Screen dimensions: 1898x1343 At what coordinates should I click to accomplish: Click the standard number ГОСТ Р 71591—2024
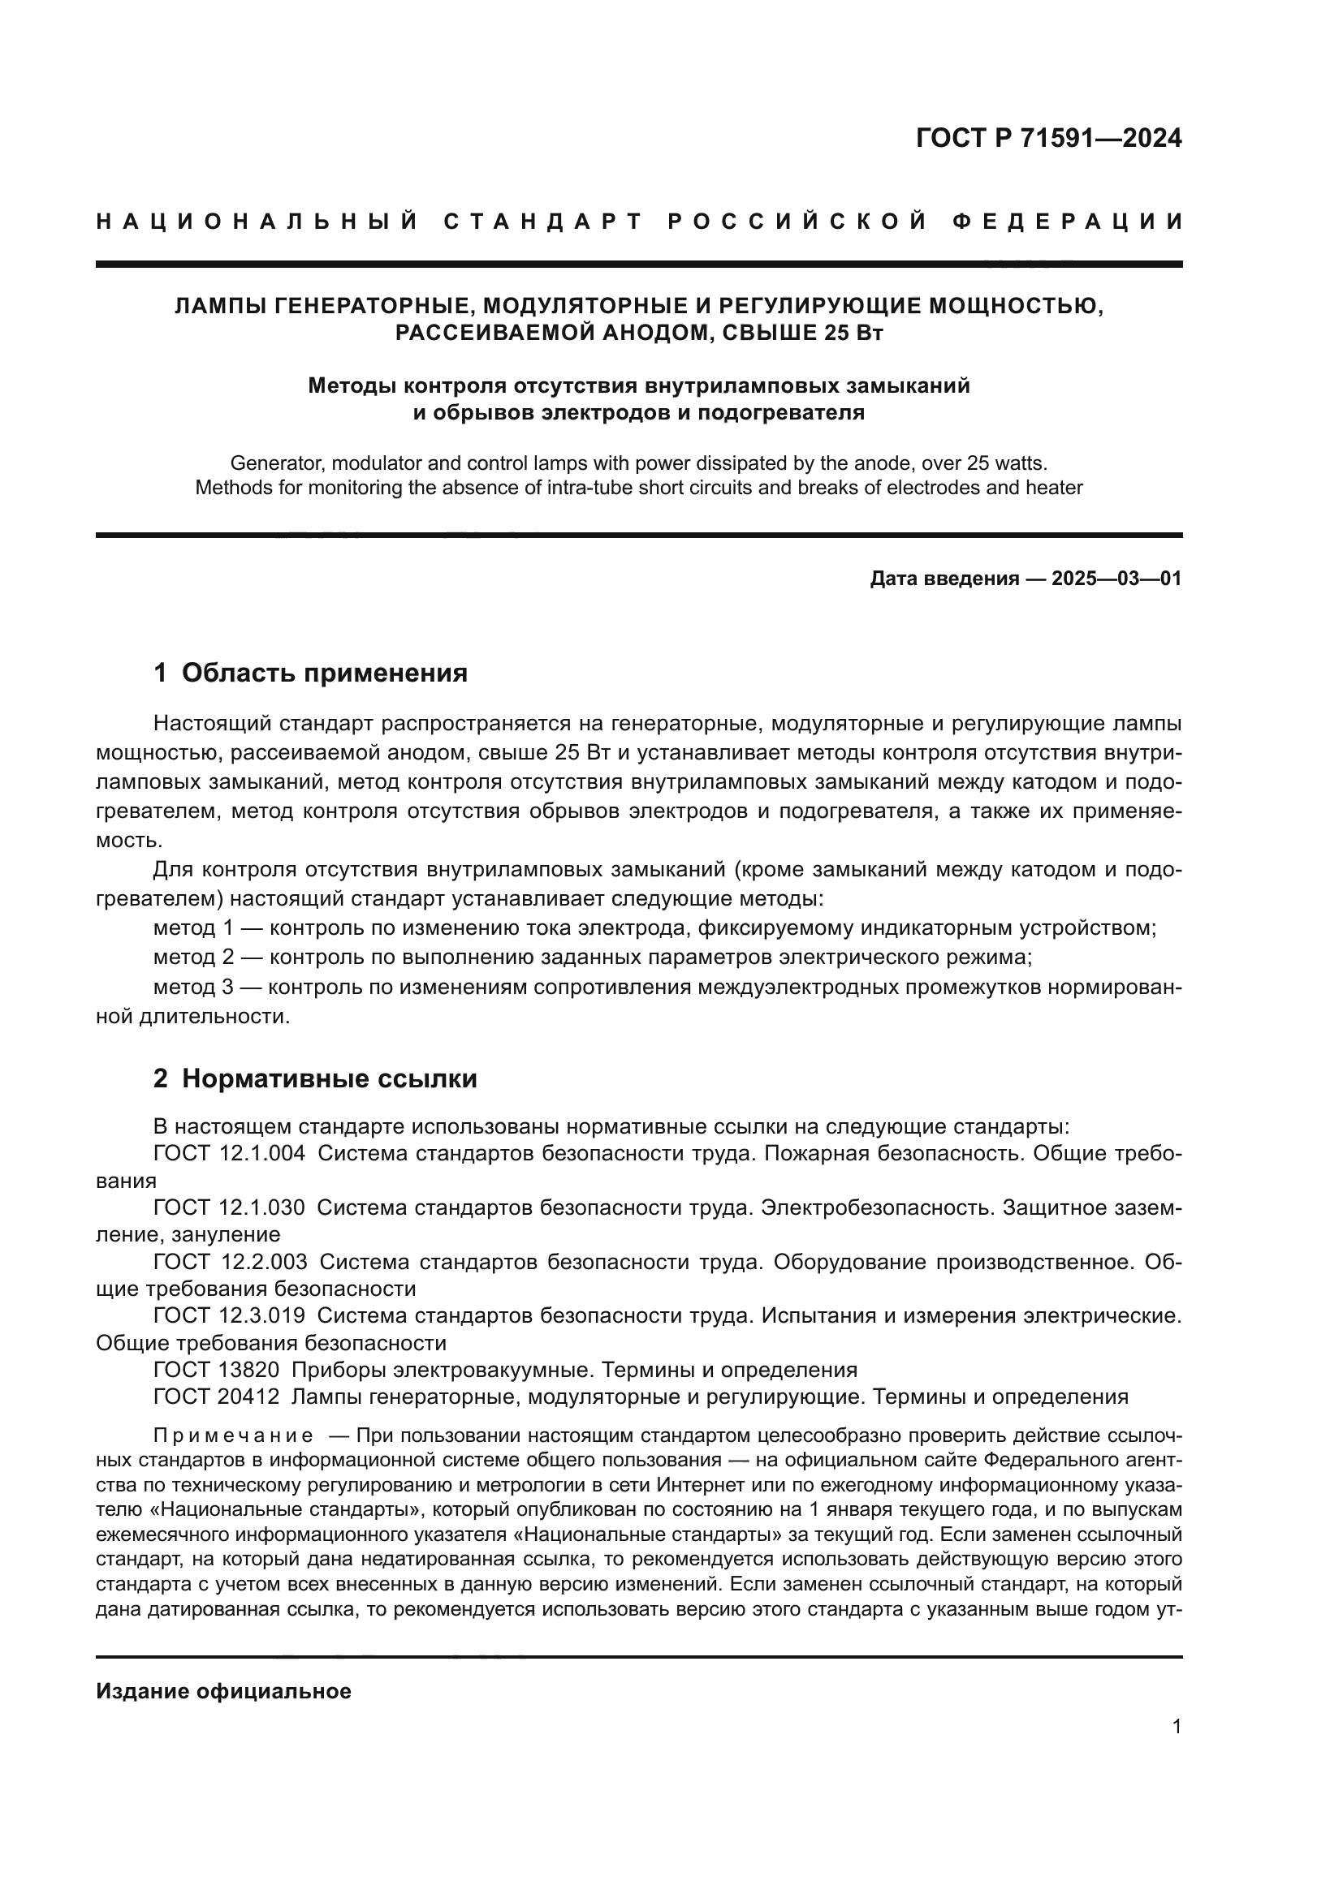pos(1047,138)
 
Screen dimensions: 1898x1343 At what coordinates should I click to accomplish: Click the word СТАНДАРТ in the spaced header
pos(543,222)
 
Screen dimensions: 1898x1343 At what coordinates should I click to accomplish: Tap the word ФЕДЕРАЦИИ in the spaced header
pos(1067,222)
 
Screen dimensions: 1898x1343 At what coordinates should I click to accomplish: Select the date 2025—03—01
pos(1116,579)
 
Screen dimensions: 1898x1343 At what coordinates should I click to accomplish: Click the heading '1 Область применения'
pos(310,673)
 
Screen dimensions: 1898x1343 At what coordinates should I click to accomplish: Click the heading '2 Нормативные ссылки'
pos(315,1078)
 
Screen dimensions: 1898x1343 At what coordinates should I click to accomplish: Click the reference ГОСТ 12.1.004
pos(229,1153)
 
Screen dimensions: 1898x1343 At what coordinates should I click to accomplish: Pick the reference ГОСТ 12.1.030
pos(229,1207)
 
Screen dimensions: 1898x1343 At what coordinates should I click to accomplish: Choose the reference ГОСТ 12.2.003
pos(229,1262)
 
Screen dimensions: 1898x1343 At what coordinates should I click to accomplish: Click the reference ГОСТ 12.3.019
pos(229,1315)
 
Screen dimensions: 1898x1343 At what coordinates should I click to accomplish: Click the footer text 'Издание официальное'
pos(223,1691)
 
